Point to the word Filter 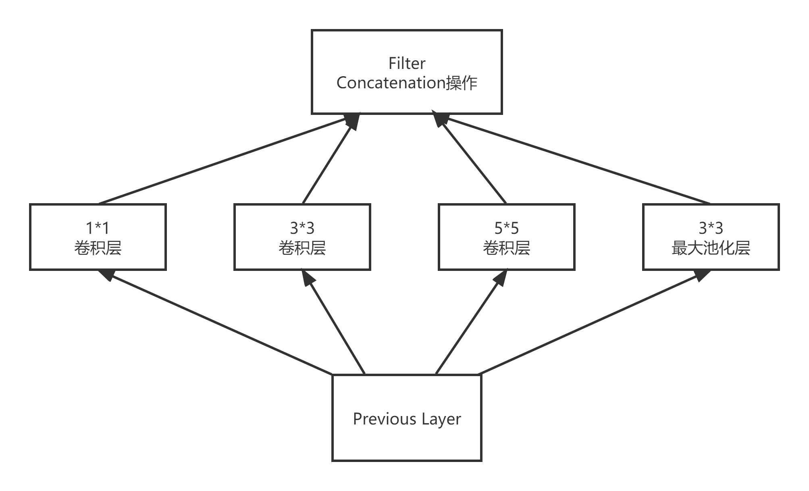tap(407, 63)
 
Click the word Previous tap(384, 419)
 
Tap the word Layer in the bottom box tap(441, 419)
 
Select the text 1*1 tap(98, 228)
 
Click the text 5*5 tap(506, 228)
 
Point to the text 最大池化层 tap(711, 248)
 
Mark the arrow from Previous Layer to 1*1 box tap(218, 322)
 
